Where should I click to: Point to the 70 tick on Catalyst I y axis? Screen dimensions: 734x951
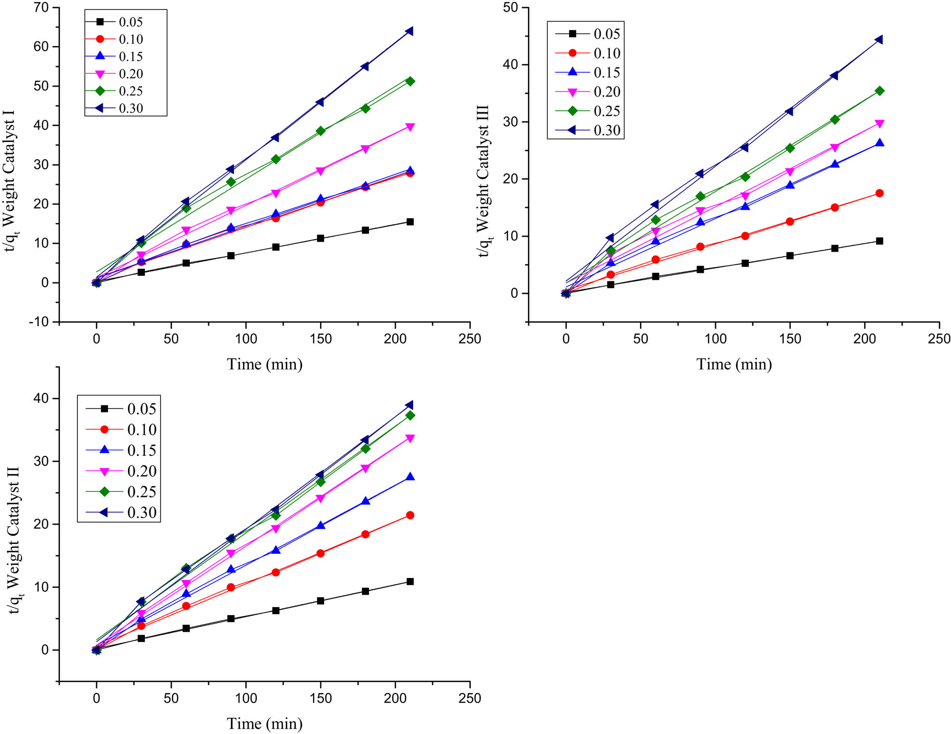pyautogui.click(x=41, y=8)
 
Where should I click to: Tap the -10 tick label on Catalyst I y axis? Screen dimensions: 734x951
pyautogui.click(x=39, y=322)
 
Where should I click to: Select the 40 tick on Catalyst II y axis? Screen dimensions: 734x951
pyautogui.click(x=41, y=398)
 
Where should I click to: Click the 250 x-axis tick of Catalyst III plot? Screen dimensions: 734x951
pyautogui.click(x=939, y=339)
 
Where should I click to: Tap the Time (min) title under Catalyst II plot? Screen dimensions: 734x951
pyautogui.click(x=264, y=724)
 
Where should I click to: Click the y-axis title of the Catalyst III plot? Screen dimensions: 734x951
pyautogui.click(x=484, y=181)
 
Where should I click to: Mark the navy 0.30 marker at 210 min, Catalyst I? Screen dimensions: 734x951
pyautogui.click(x=409, y=31)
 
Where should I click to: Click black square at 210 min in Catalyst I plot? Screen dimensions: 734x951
pyautogui.click(x=410, y=222)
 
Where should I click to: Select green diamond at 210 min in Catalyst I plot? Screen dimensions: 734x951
pyautogui.click(x=410, y=81)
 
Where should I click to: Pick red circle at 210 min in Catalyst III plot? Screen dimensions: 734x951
pyautogui.click(x=879, y=193)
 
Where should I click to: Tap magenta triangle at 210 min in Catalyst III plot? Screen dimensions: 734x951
pyautogui.click(x=879, y=124)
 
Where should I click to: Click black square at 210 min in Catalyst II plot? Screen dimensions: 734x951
pyautogui.click(x=410, y=581)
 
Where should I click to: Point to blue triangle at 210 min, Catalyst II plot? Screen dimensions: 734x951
pyautogui.click(x=410, y=477)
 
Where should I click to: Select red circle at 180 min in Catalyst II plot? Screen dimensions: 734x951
pyautogui.click(x=365, y=534)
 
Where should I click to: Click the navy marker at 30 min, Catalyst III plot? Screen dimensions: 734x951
pyautogui.click(x=610, y=238)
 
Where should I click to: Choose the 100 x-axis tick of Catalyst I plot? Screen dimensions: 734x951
pyautogui.click(x=246, y=339)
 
